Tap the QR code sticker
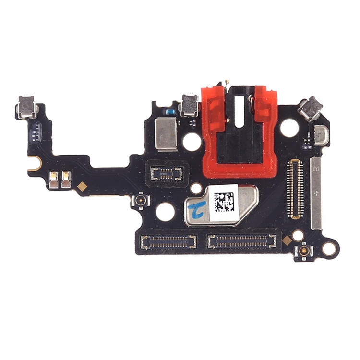click(223, 202)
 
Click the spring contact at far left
click(28, 107)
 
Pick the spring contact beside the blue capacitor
click(189, 105)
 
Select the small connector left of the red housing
click(166, 173)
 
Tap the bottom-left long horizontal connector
click(168, 241)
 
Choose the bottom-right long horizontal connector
click(242, 241)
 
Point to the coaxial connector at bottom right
click(304, 251)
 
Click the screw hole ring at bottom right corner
click(329, 248)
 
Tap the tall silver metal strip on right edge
click(316, 192)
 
